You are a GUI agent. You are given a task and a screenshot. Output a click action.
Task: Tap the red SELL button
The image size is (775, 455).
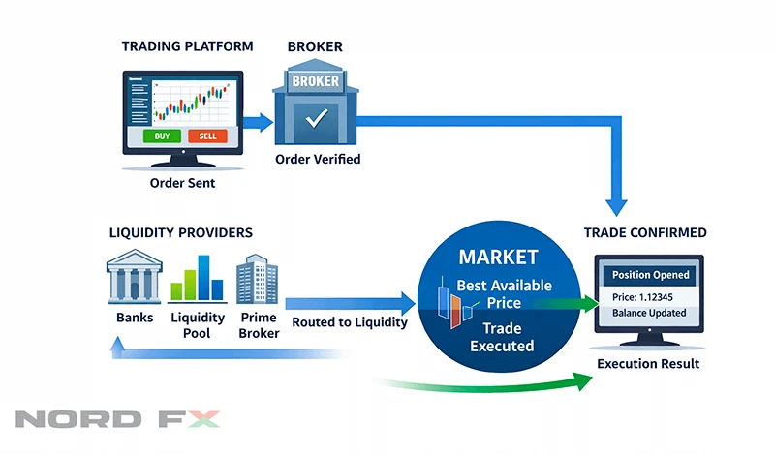point(207,136)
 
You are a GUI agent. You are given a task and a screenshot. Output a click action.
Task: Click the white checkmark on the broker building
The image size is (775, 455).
point(317,120)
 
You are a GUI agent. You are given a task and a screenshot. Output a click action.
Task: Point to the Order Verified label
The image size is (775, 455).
point(318,159)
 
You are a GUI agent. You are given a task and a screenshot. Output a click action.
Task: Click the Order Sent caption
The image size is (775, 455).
point(182,181)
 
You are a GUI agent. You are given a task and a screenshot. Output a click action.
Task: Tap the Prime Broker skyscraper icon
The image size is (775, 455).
point(258,279)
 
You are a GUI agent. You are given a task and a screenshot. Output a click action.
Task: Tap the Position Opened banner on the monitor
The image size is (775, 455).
point(651,275)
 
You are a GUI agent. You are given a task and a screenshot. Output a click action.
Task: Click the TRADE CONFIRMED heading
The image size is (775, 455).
point(645,233)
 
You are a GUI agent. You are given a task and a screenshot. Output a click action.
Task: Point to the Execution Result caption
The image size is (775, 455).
point(648,364)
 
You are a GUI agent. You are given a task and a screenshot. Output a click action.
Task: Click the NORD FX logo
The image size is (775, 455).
point(117,420)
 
